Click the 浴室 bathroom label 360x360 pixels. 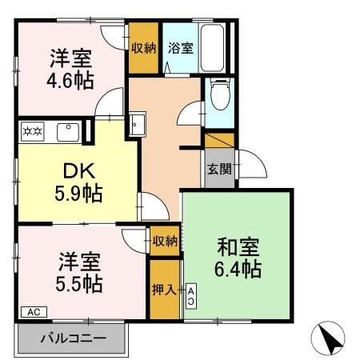click(x=180, y=48)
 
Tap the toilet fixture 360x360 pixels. click(x=218, y=97)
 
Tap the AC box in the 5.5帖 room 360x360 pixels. click(x=34, y=311)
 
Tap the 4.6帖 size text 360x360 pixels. click(x=71, y=82)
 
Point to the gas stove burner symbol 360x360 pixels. click(x=32, y=129)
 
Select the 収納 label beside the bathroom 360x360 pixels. click(x=145, y=47)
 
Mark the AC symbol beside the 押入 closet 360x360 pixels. click(x=191, y=294)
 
